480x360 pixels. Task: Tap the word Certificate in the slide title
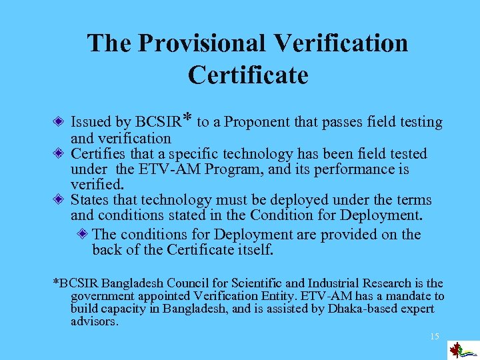[x=248, y=75]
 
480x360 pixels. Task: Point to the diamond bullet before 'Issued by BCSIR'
[x=59, y=122]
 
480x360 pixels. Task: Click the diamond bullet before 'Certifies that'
[x=59, y=154]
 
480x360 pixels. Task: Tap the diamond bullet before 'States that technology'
[x=59, y=200]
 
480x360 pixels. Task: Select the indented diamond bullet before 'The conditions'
[x=81, y=234]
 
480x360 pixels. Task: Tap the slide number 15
[x=434, y=336]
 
